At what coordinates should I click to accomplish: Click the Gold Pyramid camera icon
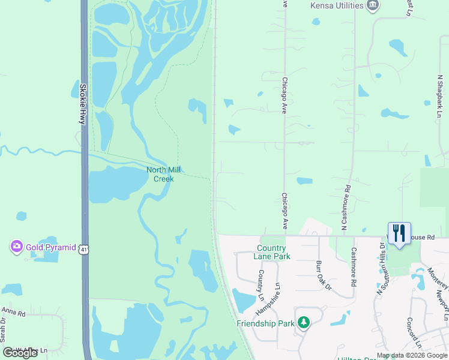point(16,247)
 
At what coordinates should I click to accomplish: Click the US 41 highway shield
point(85,247)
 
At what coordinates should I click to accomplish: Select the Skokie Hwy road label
point(83,104)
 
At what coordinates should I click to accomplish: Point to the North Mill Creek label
point(160,174)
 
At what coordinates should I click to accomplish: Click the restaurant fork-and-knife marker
point(399,233)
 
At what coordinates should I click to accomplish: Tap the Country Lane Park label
point(273,252)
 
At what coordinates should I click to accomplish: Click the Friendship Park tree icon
point(304,323)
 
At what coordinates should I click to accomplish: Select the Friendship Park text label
point(265,323)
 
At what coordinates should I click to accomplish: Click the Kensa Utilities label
point(337,5)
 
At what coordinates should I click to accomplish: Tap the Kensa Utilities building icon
point(373,5)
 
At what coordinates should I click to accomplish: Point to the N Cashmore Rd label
point(345,208)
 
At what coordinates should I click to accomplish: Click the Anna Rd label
point(13,313)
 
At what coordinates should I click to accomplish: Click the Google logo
point(20,353)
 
